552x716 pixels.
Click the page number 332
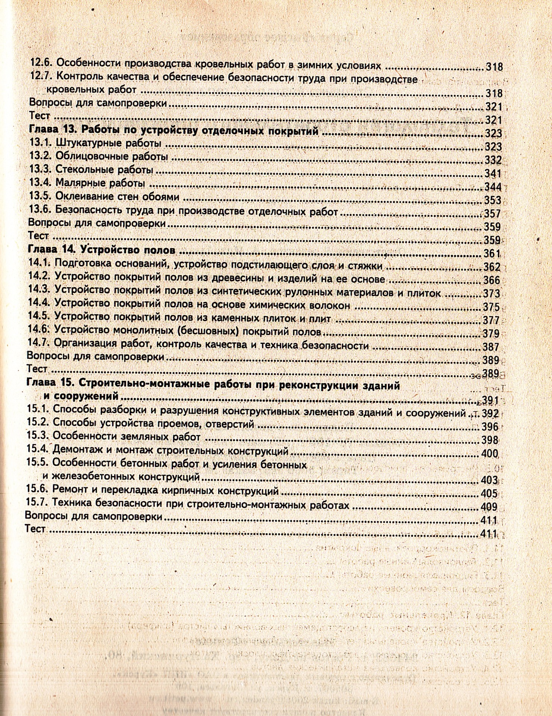click(x=493, y=160)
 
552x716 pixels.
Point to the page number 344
click(x=493, y=187)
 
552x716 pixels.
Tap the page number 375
click(x=491, y=307)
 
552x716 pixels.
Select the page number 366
click(x=491, y=280)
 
